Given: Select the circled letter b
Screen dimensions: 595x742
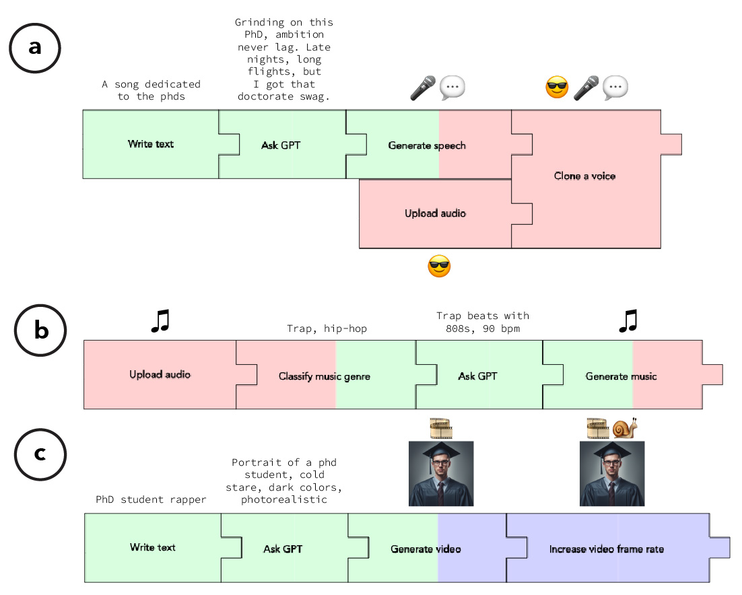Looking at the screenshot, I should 41,331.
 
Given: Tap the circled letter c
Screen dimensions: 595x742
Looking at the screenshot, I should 40,454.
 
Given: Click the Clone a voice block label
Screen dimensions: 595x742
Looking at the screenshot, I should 584,176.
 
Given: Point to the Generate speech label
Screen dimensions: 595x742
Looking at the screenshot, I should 427,145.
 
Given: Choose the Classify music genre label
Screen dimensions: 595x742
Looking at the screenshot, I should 325,376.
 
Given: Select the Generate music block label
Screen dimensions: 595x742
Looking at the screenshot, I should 621,376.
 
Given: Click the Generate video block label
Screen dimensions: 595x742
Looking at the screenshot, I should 426,549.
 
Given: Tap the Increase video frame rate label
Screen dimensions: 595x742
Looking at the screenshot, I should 606,549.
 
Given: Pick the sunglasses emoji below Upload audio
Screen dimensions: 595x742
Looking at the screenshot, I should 439,267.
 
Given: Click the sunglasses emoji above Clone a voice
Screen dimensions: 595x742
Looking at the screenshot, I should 557,87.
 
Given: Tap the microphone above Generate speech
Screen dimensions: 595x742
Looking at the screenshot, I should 423,87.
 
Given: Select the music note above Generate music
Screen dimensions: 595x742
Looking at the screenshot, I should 627,321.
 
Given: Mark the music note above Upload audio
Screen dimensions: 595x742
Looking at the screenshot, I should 160,321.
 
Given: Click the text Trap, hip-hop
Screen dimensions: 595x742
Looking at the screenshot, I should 327,328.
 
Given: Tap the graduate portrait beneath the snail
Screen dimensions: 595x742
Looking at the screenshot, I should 612,473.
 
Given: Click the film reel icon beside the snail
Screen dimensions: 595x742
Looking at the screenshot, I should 597,427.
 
